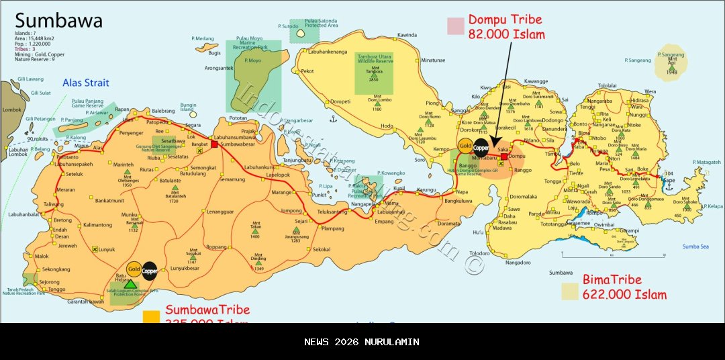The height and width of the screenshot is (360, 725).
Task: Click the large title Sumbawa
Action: coord(58,20)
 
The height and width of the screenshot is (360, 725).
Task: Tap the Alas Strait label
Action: coord(86,83)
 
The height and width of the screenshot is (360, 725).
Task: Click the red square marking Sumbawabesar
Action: coord(215,144)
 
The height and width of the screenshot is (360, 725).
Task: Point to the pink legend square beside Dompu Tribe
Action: coord(456,26)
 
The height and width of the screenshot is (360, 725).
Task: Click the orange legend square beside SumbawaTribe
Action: coord(152,316)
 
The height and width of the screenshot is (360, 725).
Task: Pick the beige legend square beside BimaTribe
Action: coord(570,291)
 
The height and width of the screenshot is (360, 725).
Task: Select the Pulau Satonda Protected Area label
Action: coord(321,23)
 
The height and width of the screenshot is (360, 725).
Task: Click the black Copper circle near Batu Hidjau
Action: coord(149,270)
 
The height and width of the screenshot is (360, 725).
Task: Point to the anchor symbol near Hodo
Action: coord(332,118)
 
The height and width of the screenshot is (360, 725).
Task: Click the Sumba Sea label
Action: coord(695,246)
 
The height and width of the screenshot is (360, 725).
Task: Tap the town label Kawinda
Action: coord(407,35)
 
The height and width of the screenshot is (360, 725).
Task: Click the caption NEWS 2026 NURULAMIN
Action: coord(362,342)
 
